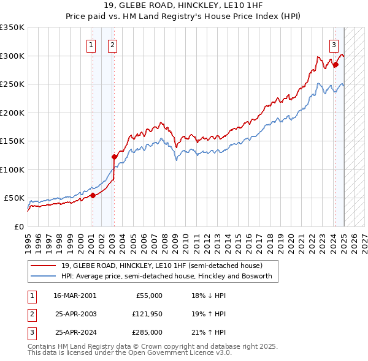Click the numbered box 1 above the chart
coord(91,44)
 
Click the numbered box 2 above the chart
coord(113,44)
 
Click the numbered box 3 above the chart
coord(334,44)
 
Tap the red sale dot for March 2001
coord(93,195)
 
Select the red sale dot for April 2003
coord(114,157)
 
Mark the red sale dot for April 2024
coord(335,65)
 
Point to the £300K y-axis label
coord(12,56)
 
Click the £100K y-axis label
coord(12,169)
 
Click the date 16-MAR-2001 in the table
coord(75,296)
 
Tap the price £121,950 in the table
coord(145,314)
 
